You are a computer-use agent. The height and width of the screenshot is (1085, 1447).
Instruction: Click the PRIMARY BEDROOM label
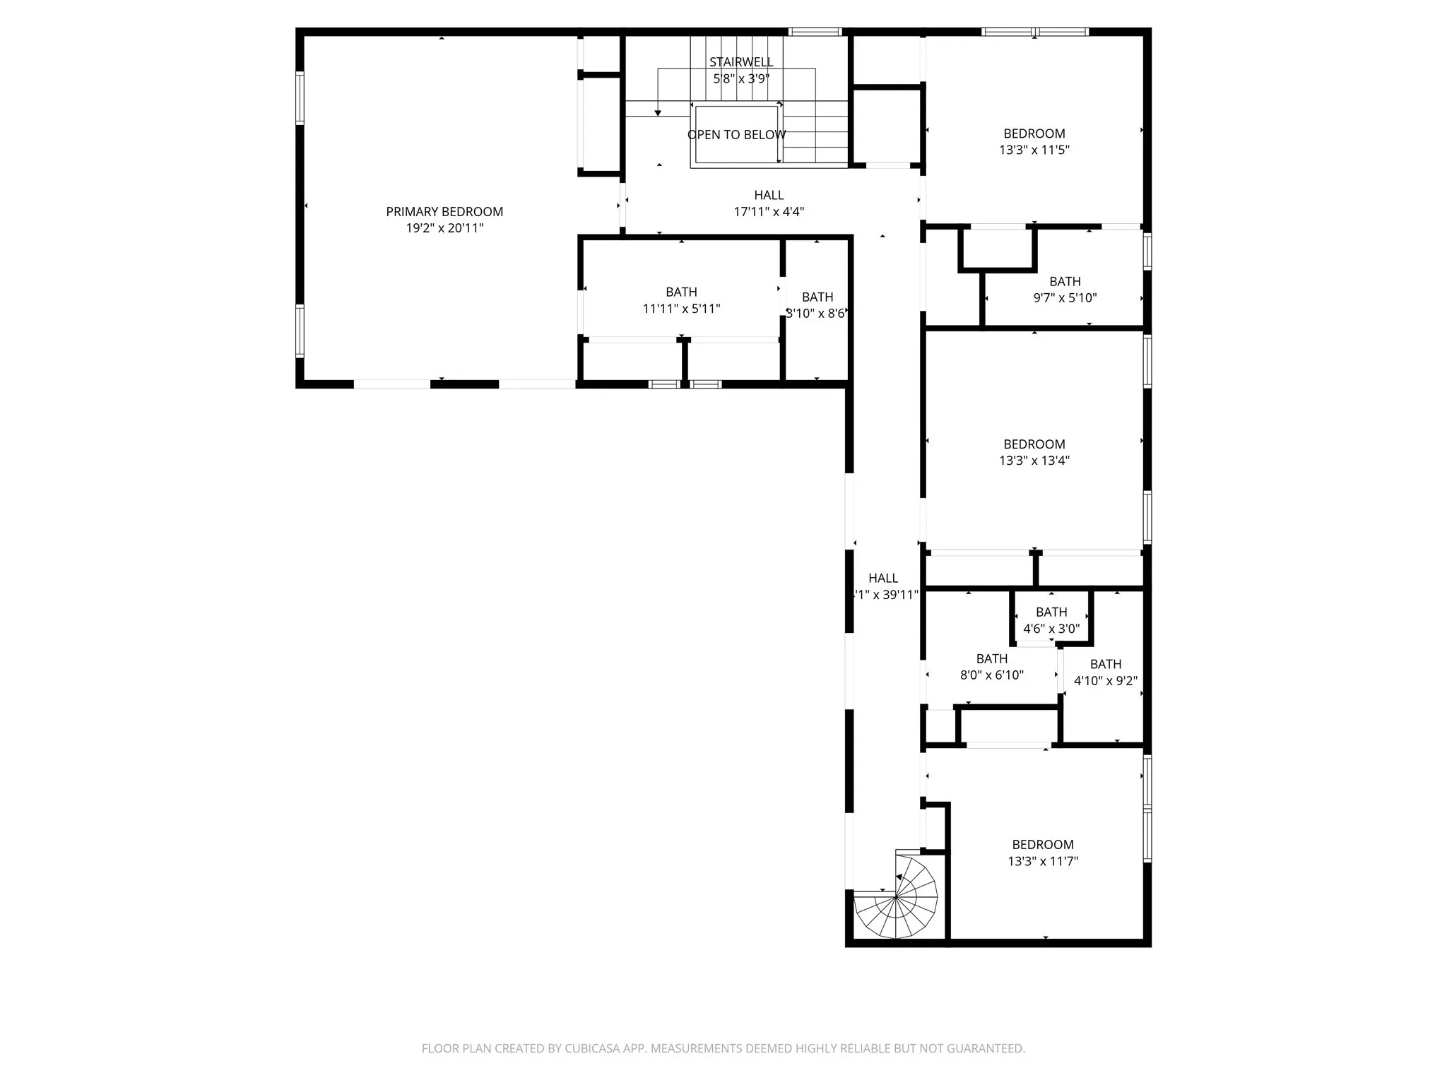tap(444, 212)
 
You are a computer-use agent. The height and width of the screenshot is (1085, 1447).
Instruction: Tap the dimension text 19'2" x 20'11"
tap(444, 228)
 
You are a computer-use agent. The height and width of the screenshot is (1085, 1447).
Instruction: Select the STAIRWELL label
tap(741, 62)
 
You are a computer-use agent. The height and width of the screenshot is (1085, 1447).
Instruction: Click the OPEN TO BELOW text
tap(736, 135)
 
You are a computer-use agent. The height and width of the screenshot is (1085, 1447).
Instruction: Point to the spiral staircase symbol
tap(896, 897)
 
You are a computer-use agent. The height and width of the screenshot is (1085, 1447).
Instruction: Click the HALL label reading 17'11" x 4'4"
tap(769, 211)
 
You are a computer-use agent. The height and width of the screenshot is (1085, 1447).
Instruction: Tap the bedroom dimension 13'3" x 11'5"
tap(1034, 150)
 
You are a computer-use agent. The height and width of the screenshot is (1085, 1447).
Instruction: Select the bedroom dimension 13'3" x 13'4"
tap(1034, 461)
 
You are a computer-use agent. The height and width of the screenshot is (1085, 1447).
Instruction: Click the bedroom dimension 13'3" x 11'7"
tap(1042, 861)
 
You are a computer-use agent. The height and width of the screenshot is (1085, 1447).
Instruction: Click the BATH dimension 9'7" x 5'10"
tap(1065, 298)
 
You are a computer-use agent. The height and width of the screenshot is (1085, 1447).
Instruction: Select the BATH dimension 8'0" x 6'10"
tap(991, 675)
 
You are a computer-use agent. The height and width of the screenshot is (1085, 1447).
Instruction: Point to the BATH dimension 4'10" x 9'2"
tap(1105, 681)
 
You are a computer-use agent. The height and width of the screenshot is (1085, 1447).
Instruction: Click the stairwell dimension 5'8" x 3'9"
tap(741, 78)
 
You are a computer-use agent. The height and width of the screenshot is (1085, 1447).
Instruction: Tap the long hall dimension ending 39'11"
tap(885, 595)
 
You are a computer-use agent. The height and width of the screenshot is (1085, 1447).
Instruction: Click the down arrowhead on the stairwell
tap(658, 112)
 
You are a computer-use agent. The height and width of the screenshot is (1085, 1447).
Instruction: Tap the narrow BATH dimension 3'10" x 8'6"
tap(817, 314)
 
